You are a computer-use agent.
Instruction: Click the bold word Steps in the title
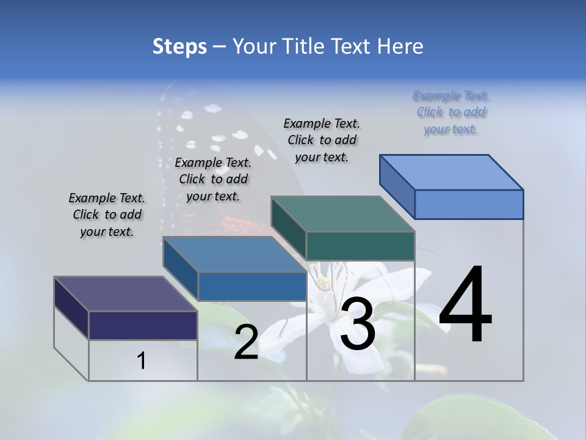(x=179, y=46)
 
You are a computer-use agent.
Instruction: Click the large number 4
(x=465, y=306)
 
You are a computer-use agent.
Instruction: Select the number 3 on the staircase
(x=357, y=324)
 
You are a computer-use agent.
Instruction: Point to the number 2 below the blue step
(x=246, y=342)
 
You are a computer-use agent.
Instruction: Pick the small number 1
(x=142, y=361)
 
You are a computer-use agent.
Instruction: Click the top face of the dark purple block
(x=125, y=294)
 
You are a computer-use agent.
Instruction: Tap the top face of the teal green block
(x=342, y=214)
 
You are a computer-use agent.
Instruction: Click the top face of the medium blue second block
(x=234, y=254)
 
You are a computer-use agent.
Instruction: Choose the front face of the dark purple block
(x=143, y=325)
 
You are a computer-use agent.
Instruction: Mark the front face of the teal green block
(x=360, y=246)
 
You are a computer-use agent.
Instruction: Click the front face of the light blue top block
(x=469, y=204)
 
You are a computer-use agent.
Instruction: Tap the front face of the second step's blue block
(x=251, y=286)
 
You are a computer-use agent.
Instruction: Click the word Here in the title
(x=400, y=46)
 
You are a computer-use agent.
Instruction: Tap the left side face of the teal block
(x=288, y=229)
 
